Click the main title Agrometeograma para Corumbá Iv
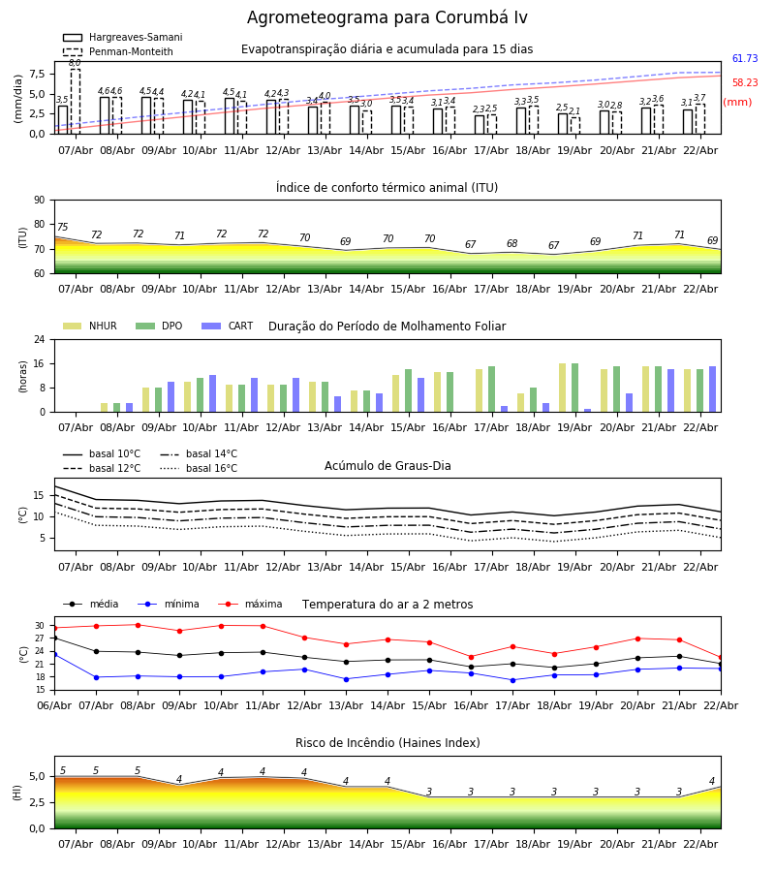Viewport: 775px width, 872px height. click(387, 18)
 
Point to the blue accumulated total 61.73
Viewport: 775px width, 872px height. click(745, 59)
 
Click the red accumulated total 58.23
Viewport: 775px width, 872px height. click(745, 83)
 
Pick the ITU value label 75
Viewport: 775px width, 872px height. click(63, 228)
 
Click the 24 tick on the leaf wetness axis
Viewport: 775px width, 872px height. click(40, 340)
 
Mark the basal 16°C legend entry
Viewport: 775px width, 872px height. click(211, 469)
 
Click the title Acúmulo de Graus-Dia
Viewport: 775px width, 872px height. click(387, 466)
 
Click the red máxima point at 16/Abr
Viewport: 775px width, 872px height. click(471, 657)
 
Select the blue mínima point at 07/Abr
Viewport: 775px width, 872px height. click(96, 677)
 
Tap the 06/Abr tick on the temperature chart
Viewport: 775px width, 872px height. click(54, 704)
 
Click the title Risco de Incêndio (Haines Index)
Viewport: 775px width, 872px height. click(387, 743)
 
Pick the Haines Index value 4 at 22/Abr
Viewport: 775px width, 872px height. click(712, 782)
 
